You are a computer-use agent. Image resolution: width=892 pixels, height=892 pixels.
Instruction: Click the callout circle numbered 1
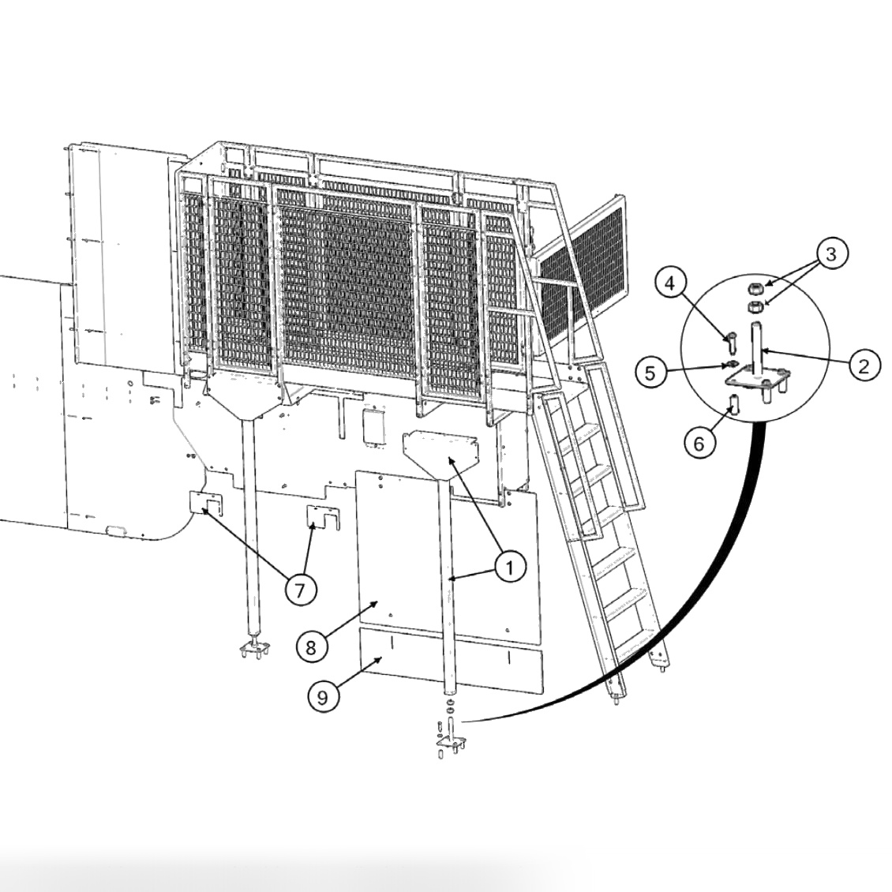510,568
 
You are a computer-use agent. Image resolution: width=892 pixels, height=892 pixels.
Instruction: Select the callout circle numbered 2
864,366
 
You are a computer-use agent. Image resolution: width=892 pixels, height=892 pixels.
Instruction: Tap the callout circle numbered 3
831,254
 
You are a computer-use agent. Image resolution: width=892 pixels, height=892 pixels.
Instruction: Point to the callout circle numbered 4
671,283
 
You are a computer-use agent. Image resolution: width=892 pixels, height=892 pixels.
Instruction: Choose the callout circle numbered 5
650,373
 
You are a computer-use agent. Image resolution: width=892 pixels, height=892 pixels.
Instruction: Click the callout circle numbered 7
300,591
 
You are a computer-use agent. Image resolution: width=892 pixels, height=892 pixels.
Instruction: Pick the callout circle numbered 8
310,647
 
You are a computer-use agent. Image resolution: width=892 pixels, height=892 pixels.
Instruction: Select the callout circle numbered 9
322,698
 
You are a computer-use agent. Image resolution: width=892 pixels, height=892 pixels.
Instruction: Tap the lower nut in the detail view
753,308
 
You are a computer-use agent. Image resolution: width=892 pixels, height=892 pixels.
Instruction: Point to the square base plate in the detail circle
757,378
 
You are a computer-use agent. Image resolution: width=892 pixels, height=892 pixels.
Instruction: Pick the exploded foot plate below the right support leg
451,742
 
